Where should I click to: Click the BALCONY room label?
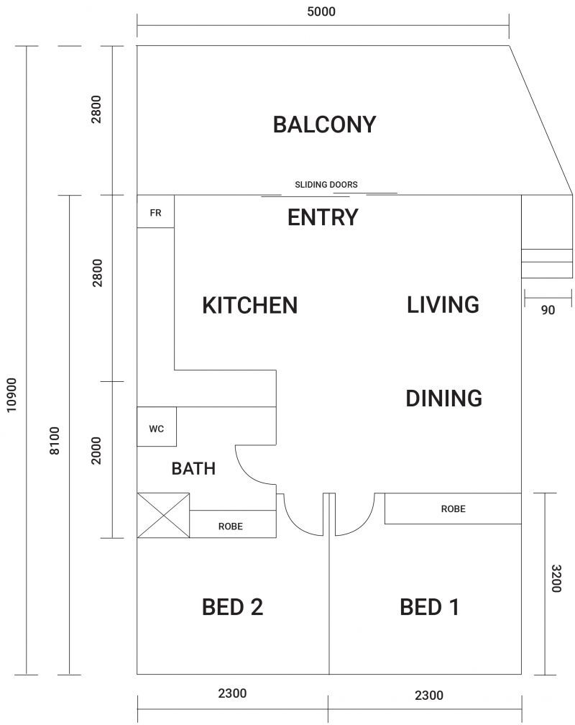(x=324, y=124)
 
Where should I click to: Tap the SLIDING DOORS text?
(x=326, y=185)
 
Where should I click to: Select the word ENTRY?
(x=323, y=217)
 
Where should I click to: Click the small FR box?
(x=155, y=214)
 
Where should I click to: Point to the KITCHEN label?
(x=249, y=305)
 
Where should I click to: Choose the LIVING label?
(x=443, y=304)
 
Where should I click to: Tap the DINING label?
(x=443, y=398)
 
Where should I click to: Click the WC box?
(x=157, y=429)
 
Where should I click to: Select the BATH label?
(x=193, y=469)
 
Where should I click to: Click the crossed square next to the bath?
(x=163, y=515)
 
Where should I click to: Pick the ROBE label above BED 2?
(x=230, y=526)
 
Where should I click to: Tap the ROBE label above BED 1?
(x=453, y=509)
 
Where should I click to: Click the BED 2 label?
(x=232, y=607)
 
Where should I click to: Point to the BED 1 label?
(x=429, y=607)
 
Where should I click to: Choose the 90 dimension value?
(x=548, y=310)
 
